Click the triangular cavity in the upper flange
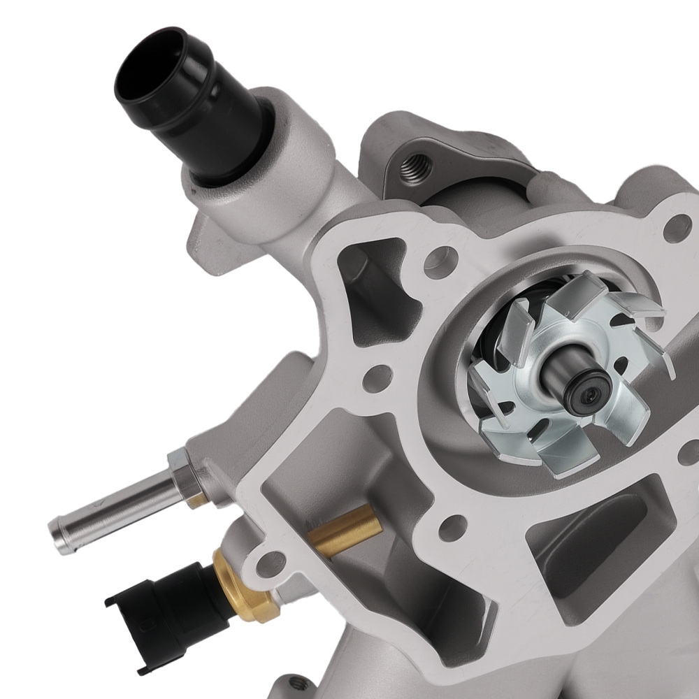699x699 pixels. [370, 294]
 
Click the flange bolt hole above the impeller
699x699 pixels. [675, 228]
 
